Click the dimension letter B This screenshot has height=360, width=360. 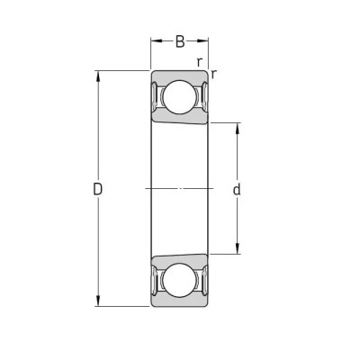(180, 41)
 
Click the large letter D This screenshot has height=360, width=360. (98, 189)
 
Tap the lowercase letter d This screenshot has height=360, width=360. (237, 189)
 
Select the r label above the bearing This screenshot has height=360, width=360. (199, 62)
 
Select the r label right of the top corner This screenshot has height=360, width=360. (213, 74)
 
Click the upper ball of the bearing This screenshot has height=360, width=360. (179, 97)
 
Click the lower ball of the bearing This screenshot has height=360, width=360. (179, 280)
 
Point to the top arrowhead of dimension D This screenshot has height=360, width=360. (98, 76)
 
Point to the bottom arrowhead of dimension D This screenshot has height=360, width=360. (98, 301)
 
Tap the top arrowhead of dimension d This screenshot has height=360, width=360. (237, 128)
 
